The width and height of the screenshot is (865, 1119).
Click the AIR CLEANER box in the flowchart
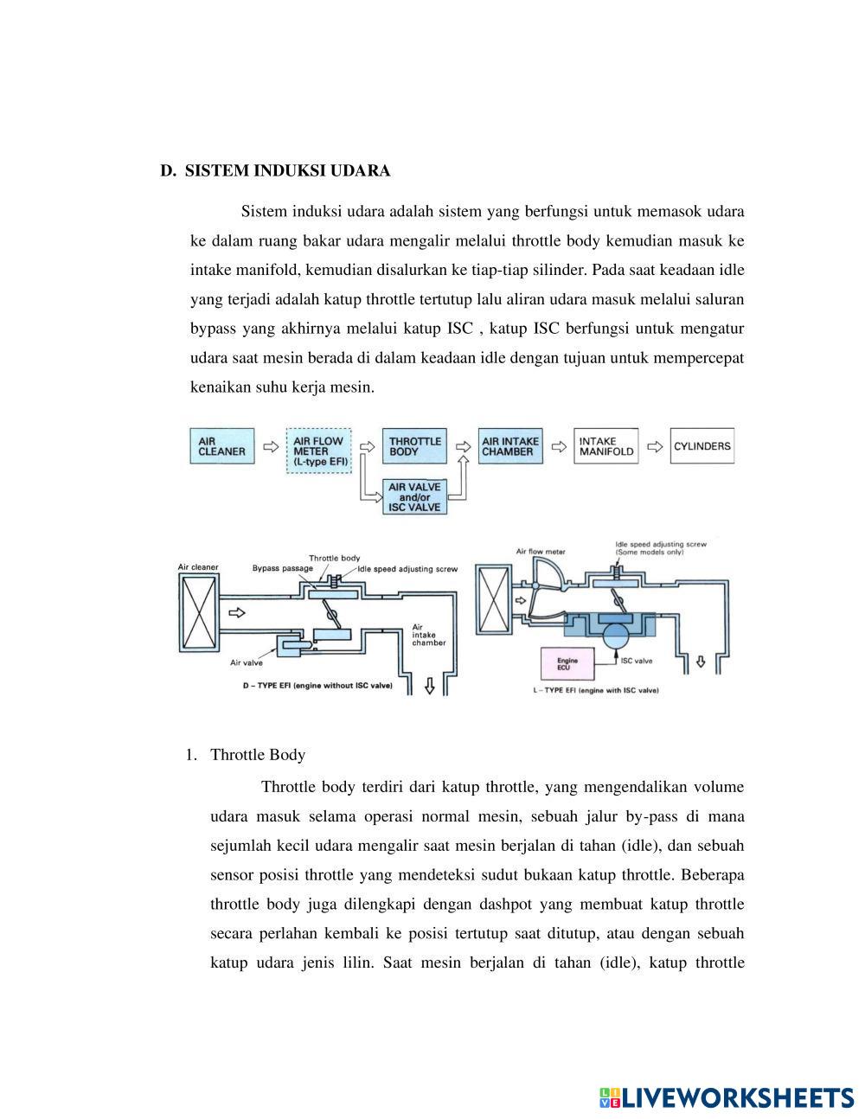222,446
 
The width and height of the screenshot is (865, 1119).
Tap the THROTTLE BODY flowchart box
414,446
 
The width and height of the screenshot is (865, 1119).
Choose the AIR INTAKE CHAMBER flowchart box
509,446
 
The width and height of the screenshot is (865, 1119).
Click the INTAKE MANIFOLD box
605,446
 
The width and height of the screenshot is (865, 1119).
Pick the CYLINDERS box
702,446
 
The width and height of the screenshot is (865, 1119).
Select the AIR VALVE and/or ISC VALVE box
414,497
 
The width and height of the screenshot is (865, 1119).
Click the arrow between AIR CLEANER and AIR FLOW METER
271,447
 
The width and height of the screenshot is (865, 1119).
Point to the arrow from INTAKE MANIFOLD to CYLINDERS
655,447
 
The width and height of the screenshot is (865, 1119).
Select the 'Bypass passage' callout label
282,568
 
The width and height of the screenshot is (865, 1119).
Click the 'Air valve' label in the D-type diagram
246,663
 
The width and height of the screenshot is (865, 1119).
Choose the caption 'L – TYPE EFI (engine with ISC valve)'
597,691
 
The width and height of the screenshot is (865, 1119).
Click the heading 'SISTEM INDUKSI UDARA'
287,170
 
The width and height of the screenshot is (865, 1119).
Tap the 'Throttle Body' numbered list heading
257,755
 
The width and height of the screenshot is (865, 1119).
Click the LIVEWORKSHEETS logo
726,1097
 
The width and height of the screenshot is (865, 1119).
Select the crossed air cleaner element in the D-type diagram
200,612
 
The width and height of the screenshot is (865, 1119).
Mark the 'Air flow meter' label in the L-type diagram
541,551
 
